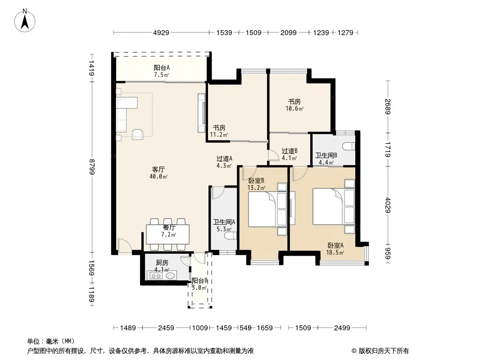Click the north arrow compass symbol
pos(25,20)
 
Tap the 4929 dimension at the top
pos(161,32)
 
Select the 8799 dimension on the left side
pos(91,166)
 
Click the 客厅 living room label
pos(158,169)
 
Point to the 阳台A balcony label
pos(162,67)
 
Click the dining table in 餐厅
pos(168,234)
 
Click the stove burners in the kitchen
pos(155,275)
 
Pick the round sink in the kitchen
pos(171,275)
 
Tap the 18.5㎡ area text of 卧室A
pos(335,252)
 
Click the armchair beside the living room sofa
pos(137,134)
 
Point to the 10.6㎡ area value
pos(294,108)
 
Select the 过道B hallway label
pos(290,151)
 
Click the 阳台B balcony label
pos(200,280)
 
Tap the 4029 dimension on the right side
pos(388,205)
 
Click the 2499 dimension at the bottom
pos(342,328)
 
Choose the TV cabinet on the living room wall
pos(201,113)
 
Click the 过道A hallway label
pos(224,158)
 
